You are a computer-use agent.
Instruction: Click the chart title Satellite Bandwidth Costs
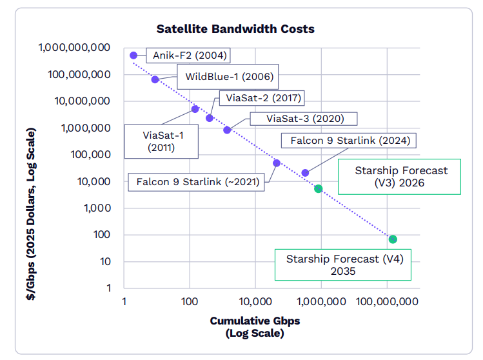(x=235, y=29)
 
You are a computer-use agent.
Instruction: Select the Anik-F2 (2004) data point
(x=133, y=55)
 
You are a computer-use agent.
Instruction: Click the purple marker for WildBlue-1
(x=155, y=79)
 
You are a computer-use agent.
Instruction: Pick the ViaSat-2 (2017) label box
(x=261, y=98)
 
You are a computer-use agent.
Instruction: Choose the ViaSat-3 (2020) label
(x=305, y=119)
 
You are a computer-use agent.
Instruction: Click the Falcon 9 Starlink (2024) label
(x=350, y=140)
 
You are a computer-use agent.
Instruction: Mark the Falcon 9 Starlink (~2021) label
(x=197, y=182)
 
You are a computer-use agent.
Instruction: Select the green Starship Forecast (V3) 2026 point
(x=318, y=189)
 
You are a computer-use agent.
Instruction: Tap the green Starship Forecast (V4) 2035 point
(x=393, y=239)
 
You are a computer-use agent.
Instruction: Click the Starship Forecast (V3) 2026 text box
(x=400, y=177)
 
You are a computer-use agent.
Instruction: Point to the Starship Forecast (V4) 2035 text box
(x=343, y=265)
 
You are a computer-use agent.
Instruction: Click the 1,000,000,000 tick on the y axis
(x=74, y=48)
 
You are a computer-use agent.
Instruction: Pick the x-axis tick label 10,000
(x=255, y=301)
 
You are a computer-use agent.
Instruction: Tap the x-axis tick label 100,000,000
(x=387, y=301)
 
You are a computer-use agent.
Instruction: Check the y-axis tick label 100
(x=101, y=235)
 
